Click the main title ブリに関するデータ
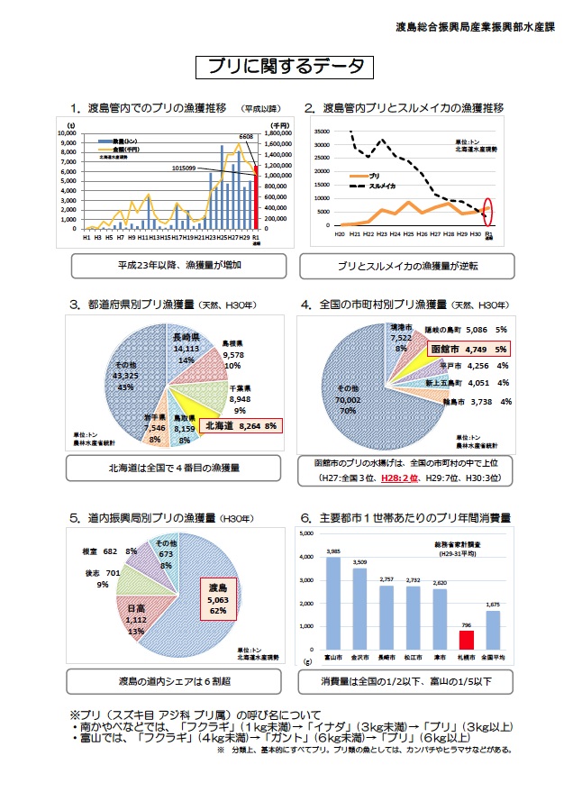pyautogui.click(x=286, y=66)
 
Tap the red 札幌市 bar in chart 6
pyautogui.click(x=466, y=640)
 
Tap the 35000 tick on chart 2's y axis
pyautogui.click(x=322, y=131)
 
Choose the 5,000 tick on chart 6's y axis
pyautogui.click(x=307, y=532)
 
